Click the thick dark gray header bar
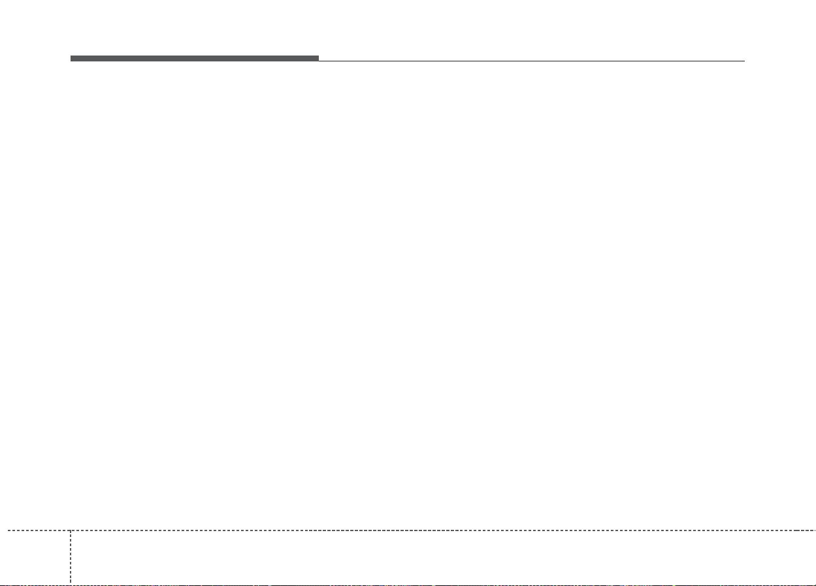coord(195,58)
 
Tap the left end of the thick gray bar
coord(72,58)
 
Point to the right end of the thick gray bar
coord(318,58)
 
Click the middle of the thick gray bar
coord(195,58)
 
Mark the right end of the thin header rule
coord(744,61)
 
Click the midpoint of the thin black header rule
coord(531,61)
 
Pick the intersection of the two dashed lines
coord(71,530)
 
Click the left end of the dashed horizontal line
coord(1,530)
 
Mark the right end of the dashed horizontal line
coord(815,530)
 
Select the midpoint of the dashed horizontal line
coord(408,530)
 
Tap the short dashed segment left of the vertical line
coord(35,530)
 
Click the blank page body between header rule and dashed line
coord(408,294)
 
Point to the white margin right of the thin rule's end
coord(780,61)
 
